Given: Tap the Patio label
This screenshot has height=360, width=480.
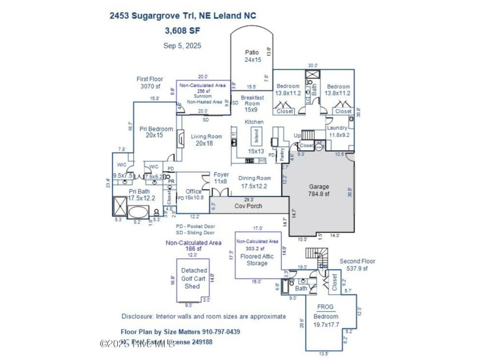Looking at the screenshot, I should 252,55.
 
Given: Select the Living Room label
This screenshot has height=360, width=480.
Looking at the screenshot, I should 206,139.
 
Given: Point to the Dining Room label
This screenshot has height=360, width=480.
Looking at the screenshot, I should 254,181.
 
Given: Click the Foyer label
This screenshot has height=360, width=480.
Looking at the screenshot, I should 221,178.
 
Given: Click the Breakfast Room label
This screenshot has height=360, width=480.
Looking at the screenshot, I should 252,103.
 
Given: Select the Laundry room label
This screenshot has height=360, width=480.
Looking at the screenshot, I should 338,131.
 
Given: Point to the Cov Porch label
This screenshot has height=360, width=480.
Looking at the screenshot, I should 248,205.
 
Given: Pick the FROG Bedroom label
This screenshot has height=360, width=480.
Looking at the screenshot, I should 326,317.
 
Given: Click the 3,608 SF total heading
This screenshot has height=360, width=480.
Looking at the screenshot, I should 183,30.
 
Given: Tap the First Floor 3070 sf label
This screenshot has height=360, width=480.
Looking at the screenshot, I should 150,83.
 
